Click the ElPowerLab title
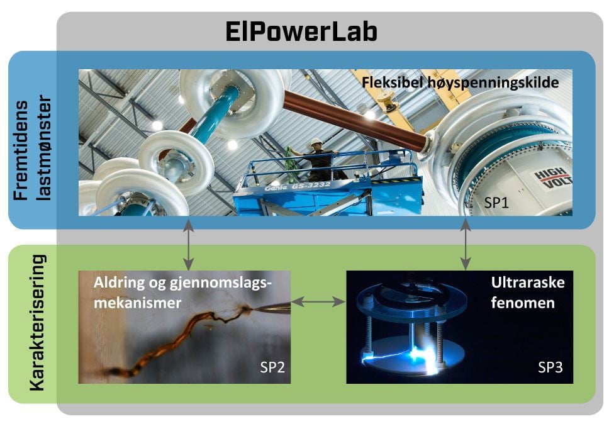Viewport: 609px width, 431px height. coord(301,32)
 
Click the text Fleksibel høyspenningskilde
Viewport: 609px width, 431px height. coord(461,82)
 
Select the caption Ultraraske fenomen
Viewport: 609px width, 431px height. coord(527,292)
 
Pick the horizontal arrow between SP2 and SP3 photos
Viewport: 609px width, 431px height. coord(319,302)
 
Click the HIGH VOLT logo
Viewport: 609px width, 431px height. coord(551,179)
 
